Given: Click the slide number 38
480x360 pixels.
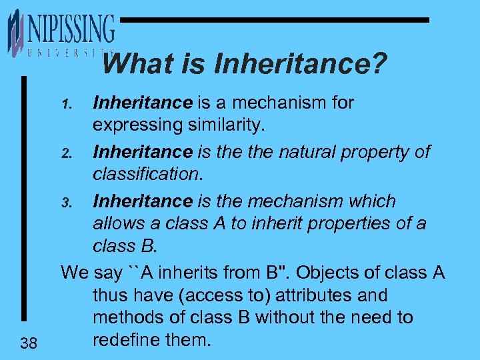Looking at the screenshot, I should click(28, 343).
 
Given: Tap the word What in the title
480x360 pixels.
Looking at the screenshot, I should click(133, 65).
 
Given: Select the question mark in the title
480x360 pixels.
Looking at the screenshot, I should click(378, 65).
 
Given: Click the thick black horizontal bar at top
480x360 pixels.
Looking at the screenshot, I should click(273, 20).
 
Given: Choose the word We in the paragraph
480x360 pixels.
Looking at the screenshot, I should click(73, 273).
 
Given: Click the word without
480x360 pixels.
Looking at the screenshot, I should click(293, 318).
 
